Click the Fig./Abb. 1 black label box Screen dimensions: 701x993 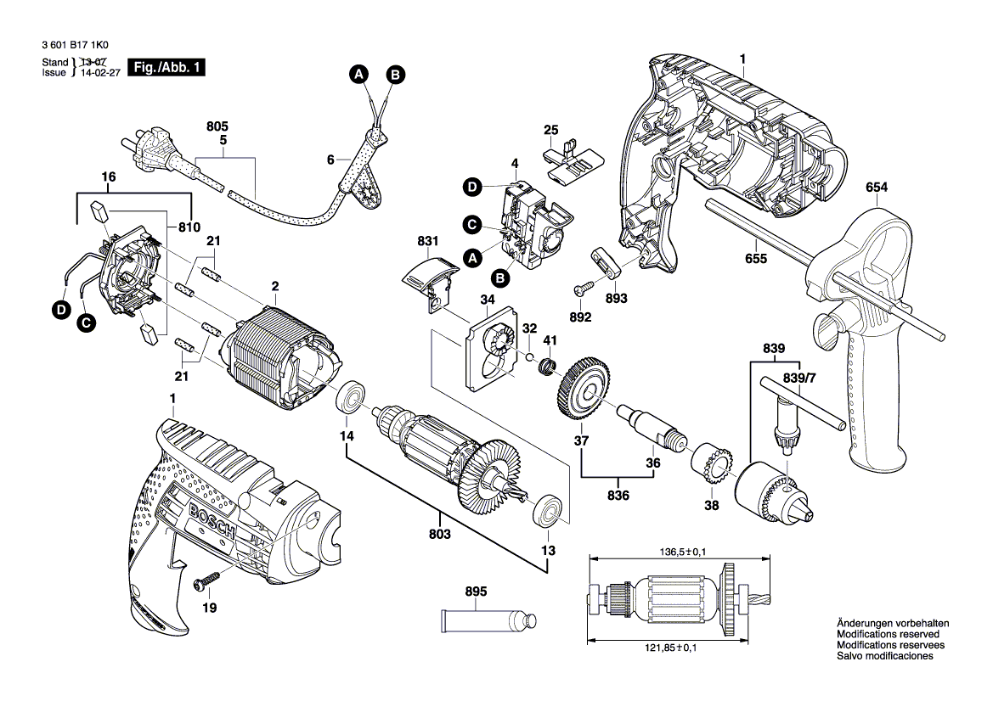click(166, 68)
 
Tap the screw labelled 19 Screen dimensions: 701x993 click(207, 582)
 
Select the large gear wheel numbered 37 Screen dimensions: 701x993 click(584, 390)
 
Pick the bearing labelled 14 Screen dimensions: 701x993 click(349, 395)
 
